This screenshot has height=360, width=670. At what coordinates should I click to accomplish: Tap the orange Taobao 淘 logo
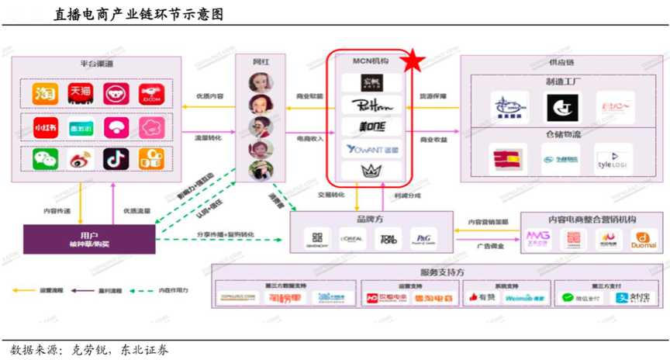point(44,93)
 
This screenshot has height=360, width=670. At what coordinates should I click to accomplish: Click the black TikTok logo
point(116,159)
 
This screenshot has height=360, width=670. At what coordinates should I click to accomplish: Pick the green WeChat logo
point(44,159)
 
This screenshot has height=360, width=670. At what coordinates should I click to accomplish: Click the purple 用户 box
point(88,237)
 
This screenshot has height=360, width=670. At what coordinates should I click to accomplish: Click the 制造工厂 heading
point(564,81)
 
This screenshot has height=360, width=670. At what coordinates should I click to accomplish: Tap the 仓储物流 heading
point(564,133)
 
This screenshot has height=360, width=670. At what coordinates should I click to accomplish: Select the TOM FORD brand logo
point(388,239)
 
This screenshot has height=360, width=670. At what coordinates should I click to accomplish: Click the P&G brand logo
point(423,239)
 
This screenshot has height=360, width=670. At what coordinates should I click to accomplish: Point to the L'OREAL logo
point(352,239)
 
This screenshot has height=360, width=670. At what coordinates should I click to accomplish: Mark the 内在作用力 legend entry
point(175,290)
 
